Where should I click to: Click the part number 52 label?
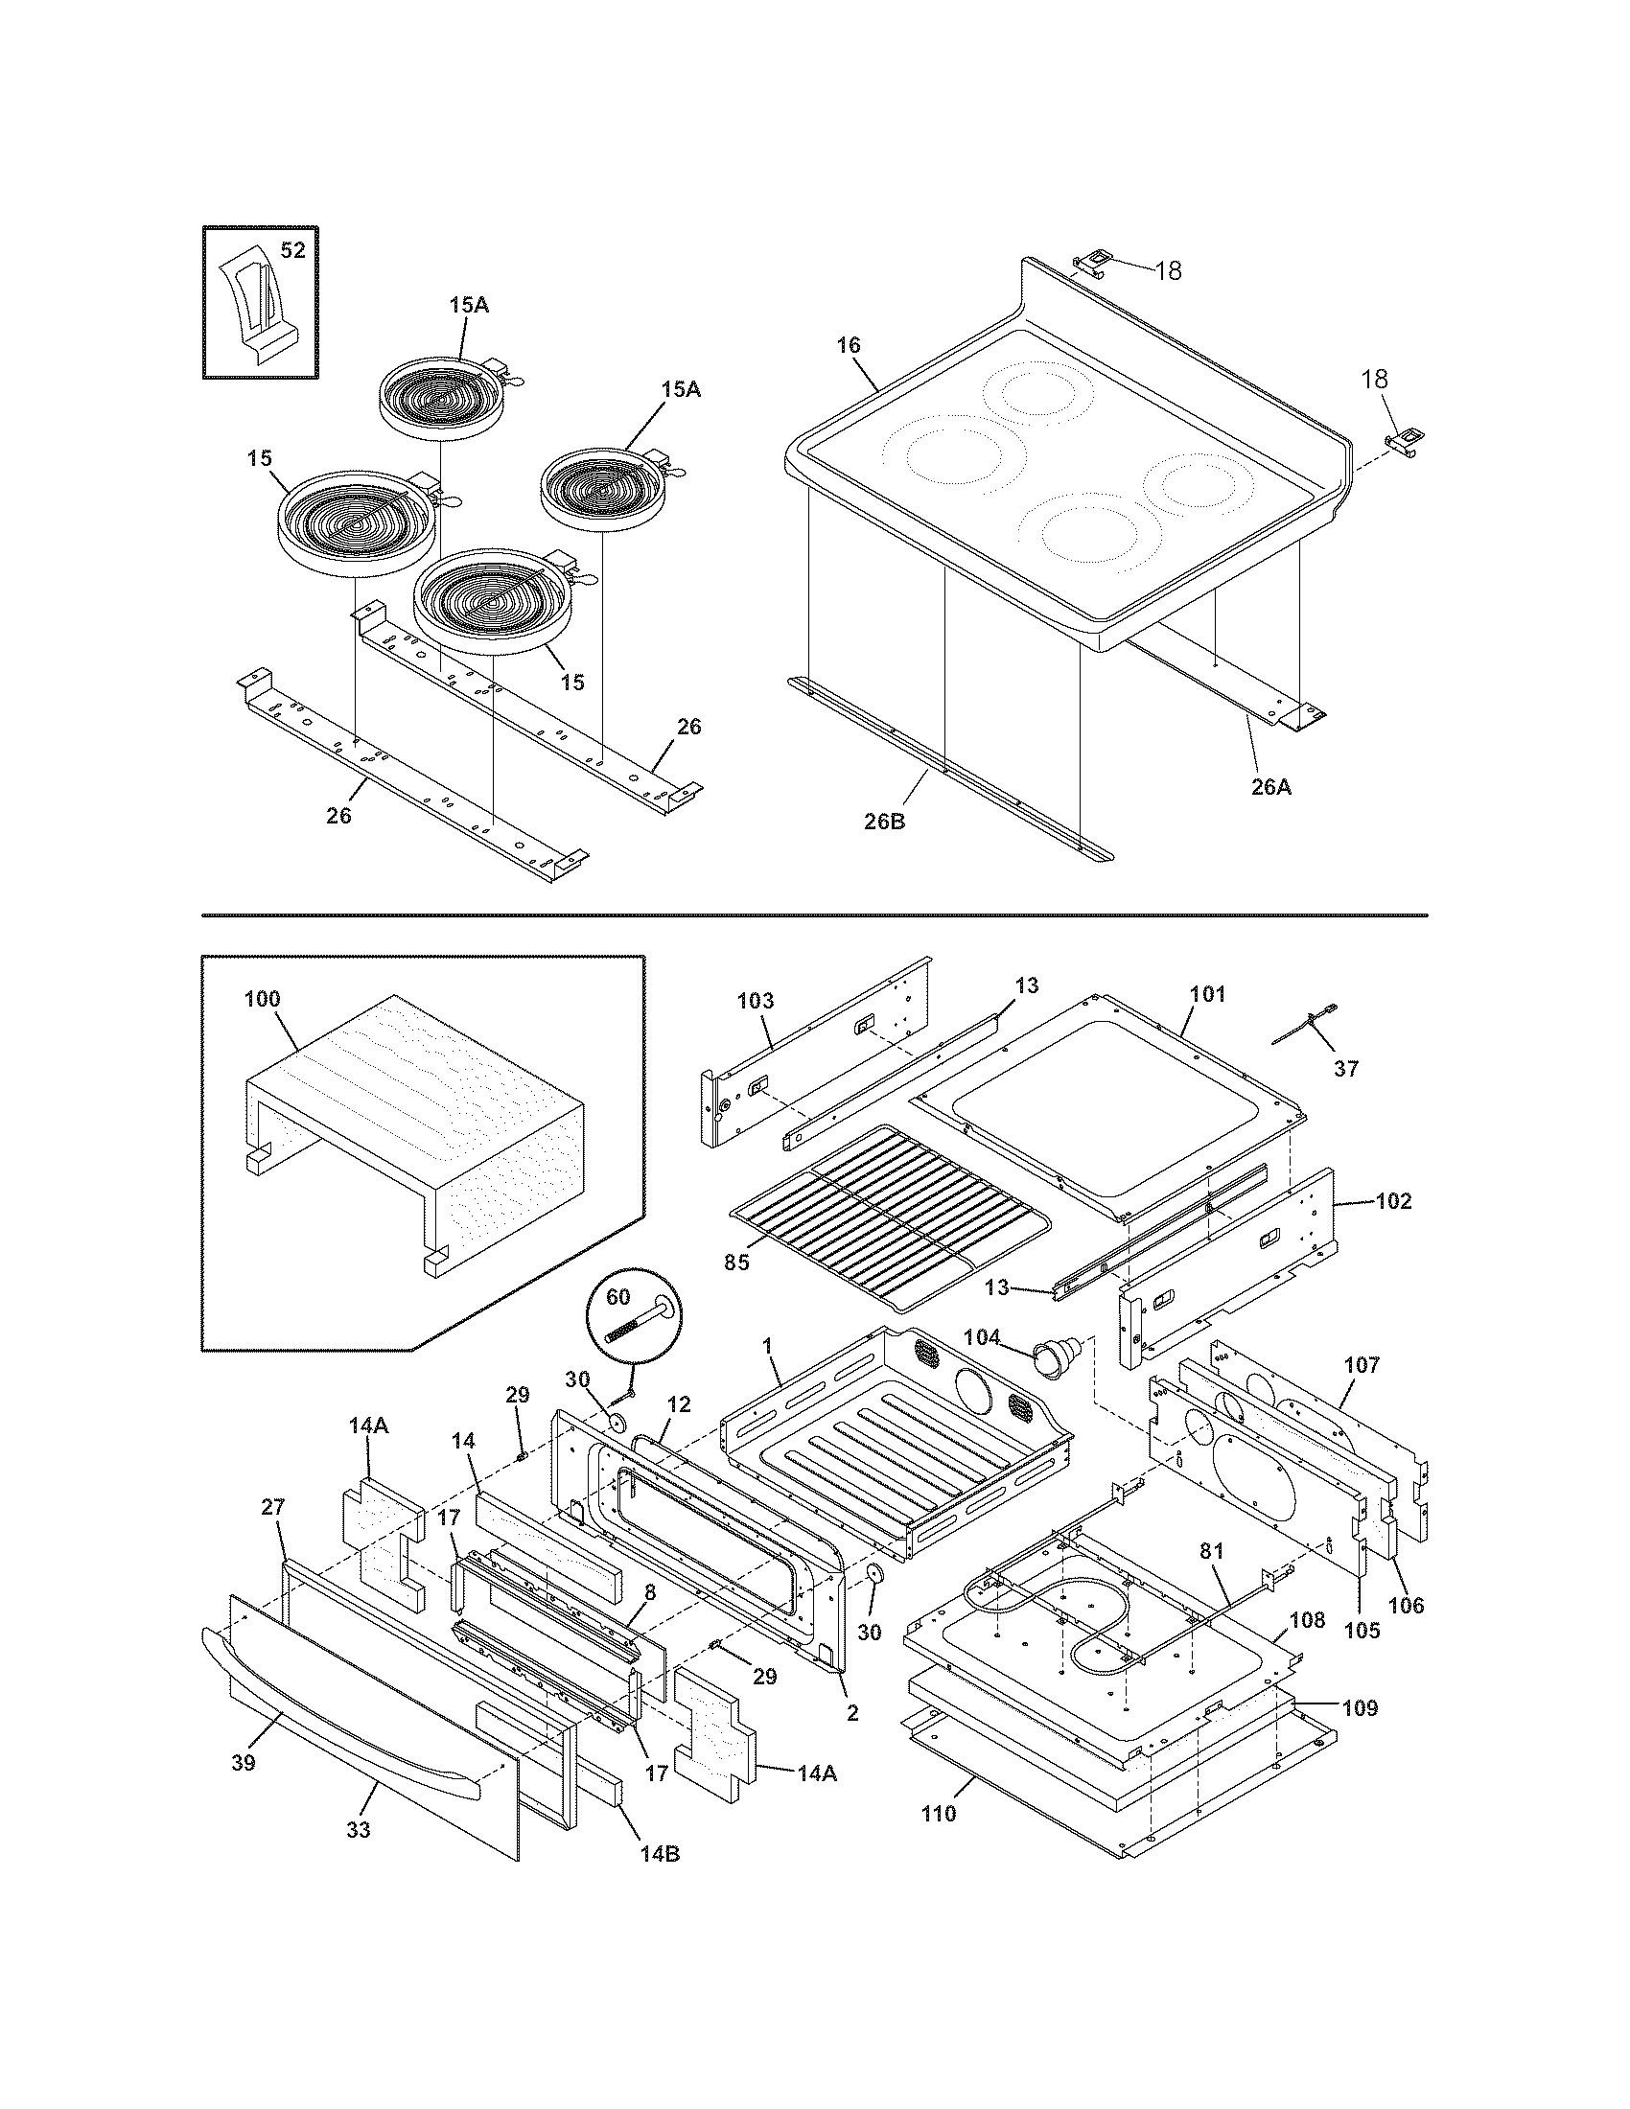(291, 250)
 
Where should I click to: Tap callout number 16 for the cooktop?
(848, 346)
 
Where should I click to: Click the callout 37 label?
(1345, 1068)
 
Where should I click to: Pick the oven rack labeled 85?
(889, 1217)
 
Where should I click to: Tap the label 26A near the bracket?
(1270, 787)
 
